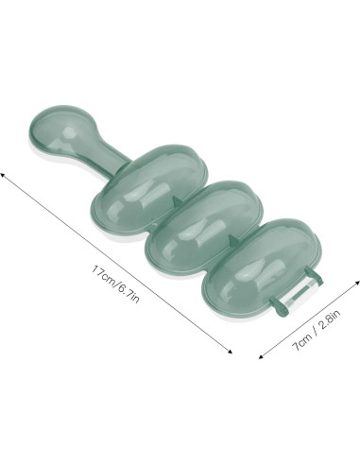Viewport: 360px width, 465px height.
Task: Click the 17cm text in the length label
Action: pos(102,276)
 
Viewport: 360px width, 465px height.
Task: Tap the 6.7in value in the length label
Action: pos(128,294)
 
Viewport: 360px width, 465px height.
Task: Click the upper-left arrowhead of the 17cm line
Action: pos(2,174)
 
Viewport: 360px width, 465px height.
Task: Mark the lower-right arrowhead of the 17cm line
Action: pos(230,352)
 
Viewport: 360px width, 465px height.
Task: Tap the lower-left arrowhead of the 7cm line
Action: pos(261,356)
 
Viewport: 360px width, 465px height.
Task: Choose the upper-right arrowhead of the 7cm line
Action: pos(357,282)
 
